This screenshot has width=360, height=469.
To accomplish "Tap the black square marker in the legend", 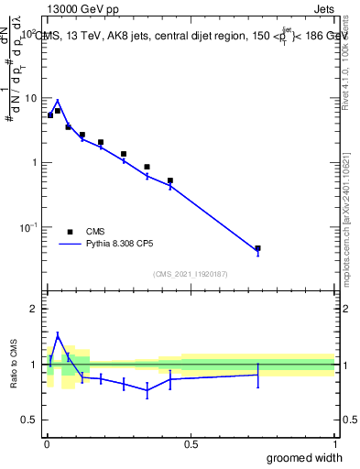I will tap(70, 232).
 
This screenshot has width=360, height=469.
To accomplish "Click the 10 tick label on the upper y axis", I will tap(31, 98).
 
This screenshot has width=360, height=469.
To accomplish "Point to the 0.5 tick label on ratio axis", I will tap(30, 420).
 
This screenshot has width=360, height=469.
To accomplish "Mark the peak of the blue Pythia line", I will tap(57, 101).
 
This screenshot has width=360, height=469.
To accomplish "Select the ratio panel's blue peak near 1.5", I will tap(57, 335).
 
